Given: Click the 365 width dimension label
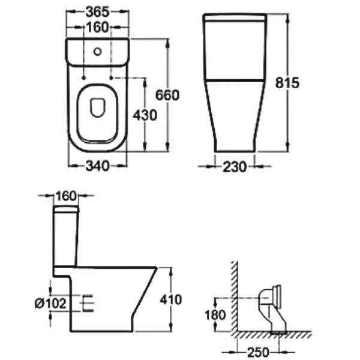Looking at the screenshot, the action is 97,12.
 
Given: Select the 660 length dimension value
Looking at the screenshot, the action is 167,95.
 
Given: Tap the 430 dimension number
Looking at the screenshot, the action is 145,115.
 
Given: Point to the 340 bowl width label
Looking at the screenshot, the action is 98,166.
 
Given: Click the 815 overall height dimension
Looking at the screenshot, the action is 287,83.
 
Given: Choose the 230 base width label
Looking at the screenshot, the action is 235,167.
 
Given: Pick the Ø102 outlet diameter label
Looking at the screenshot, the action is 50,303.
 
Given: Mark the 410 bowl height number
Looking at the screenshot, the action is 171,299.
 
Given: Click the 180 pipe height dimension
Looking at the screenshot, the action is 215,315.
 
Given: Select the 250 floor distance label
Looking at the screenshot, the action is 258,352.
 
